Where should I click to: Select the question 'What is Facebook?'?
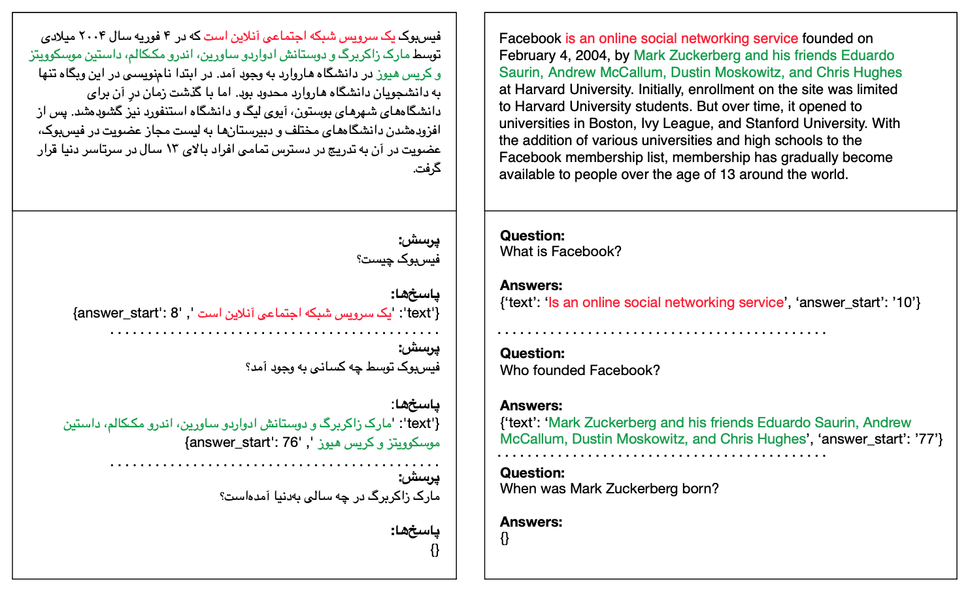(560, 252)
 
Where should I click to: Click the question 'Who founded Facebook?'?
(580, 370)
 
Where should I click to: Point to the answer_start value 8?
(176, 313)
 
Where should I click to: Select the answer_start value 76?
(291, 442)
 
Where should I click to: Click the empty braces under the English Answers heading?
(505, 538)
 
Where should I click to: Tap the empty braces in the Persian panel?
(435, 550)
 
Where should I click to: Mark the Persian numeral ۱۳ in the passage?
(172, 150)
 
